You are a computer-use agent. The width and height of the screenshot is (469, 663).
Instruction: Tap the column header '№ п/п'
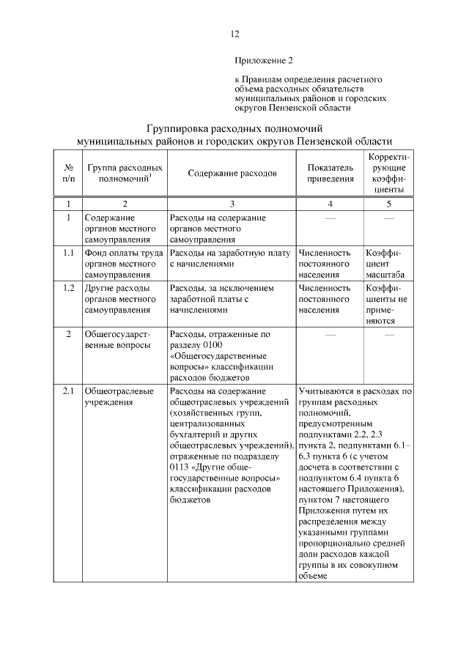click(x=68, y=174)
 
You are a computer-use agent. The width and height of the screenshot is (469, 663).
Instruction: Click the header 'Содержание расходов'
click(x=232, y=174)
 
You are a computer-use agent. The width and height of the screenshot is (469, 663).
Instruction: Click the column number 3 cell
click(x=232, y=204)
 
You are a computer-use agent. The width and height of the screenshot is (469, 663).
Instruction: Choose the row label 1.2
click(x=68, y=288)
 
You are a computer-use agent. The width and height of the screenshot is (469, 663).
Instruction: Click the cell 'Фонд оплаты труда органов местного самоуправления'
click(x=123, y=264)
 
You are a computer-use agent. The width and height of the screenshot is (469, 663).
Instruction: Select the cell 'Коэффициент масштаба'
click(x=388, y=264)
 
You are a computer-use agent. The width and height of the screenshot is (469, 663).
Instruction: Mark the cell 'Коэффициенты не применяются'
click(x=388, y=304)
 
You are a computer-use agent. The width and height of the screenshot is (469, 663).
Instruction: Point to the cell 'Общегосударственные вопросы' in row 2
click(x=117, y=339)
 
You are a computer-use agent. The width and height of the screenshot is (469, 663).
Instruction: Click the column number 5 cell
click(x=388, y=204)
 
